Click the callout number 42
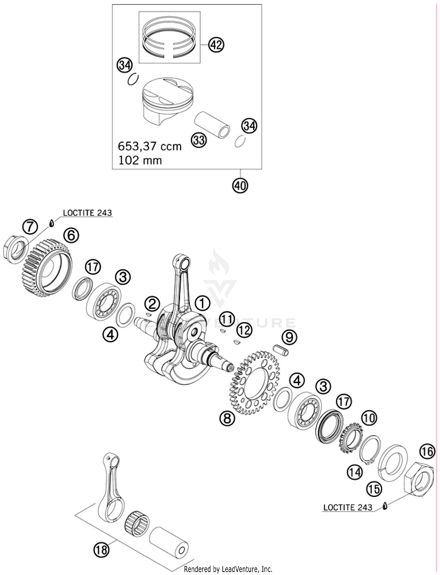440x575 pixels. click(x=216, y=45)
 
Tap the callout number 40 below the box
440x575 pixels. click(x=240, y=185)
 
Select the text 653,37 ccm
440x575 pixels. click(x=150, y=146)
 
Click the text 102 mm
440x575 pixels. click(x=140, y=160)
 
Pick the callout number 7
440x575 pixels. click(x=30, y=227)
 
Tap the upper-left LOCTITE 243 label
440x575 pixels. click(x=87, y=213)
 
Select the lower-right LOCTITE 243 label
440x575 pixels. click(x=348, y=507)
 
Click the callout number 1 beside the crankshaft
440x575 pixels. click(x=203, y=303)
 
